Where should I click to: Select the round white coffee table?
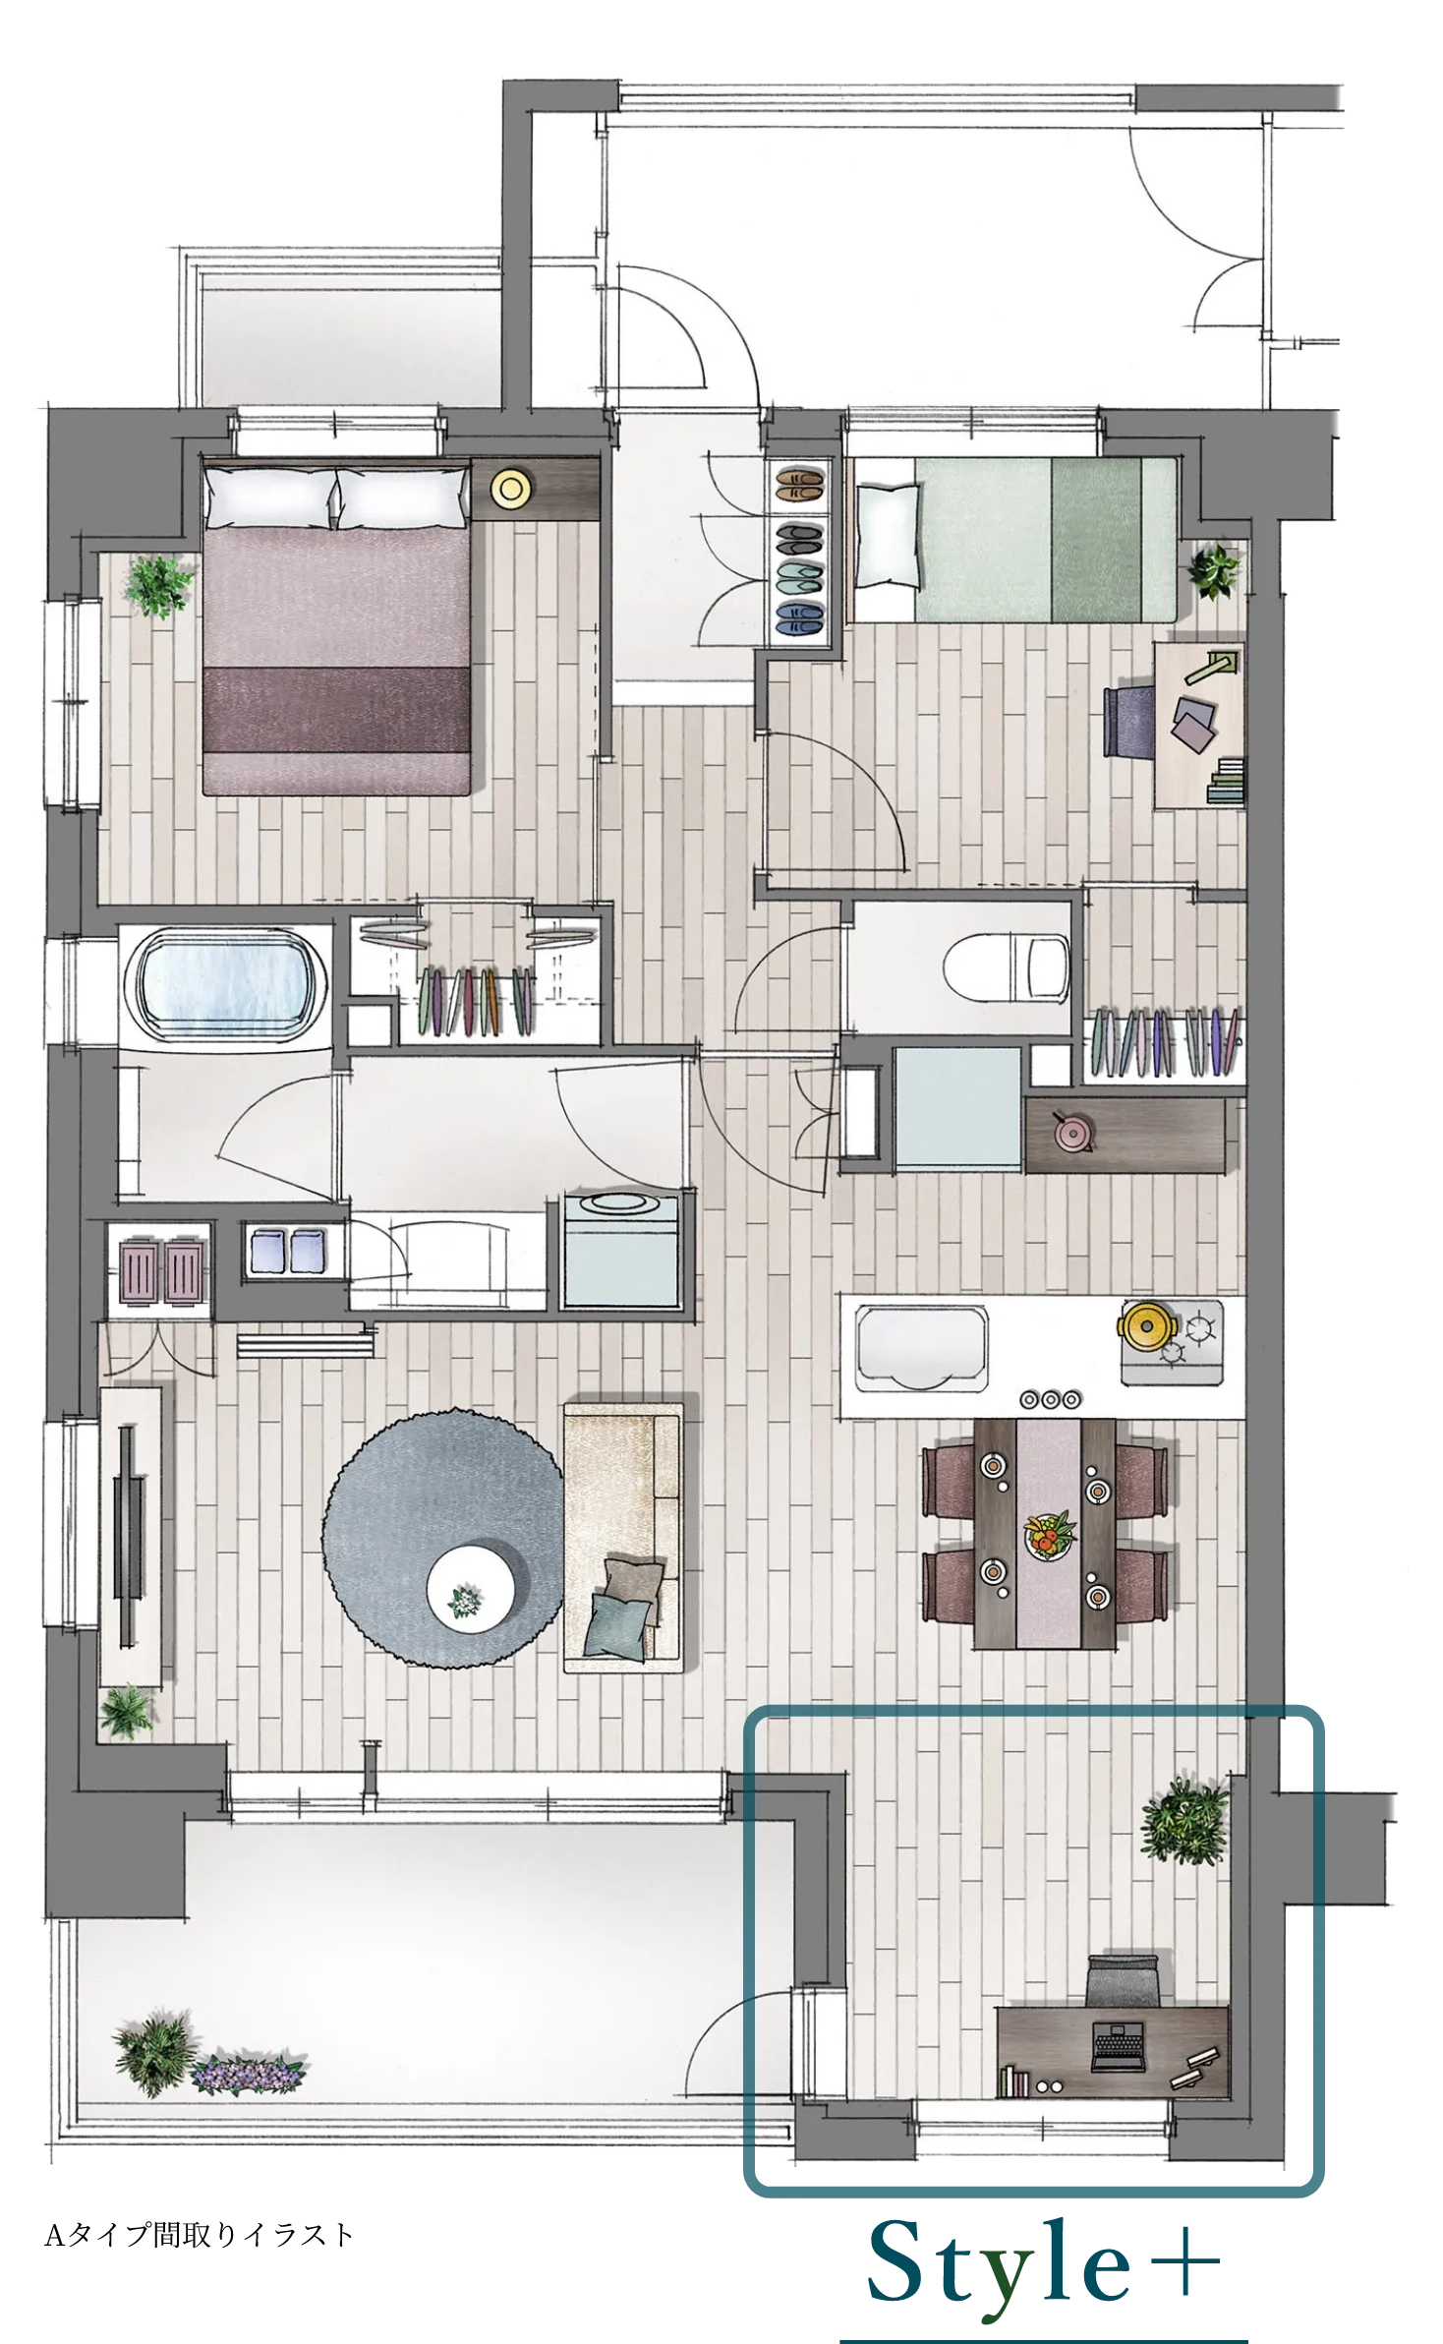click(471, 1589)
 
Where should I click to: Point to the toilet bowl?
click(1006, 967)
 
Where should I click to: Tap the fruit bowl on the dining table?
click(1050, 1535)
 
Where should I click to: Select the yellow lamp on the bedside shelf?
click(512, 489)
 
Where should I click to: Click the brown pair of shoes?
click(798, 485)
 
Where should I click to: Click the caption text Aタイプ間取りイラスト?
click(199, 2235)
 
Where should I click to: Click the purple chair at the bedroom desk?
click(1129, 721)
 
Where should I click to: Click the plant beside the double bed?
click(157, 585)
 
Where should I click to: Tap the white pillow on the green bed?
click(889, 537)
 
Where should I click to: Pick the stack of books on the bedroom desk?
click(1226, 783)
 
